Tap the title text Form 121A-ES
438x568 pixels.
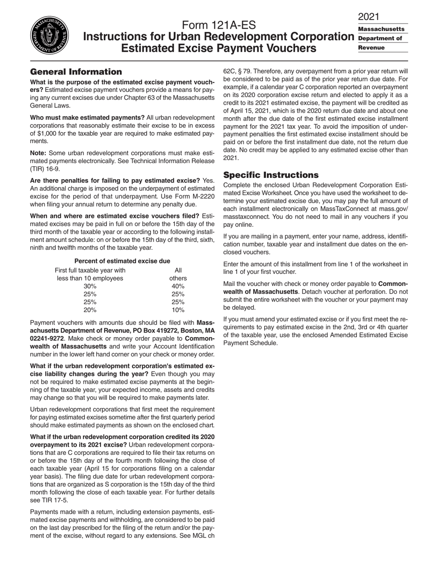tap(219, 25)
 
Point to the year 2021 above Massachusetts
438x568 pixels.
tap(368, 17)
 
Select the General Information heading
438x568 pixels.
tap(76, 72)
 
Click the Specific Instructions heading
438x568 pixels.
tap(271, 175)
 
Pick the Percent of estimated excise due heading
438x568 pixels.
tap(122, 261)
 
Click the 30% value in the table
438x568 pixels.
tap(90, 286)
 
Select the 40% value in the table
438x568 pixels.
tap(178, 286)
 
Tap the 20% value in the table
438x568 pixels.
tap(90, 310)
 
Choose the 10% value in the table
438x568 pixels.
tap(178, 310)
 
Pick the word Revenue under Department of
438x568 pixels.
tap(371, 48)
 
